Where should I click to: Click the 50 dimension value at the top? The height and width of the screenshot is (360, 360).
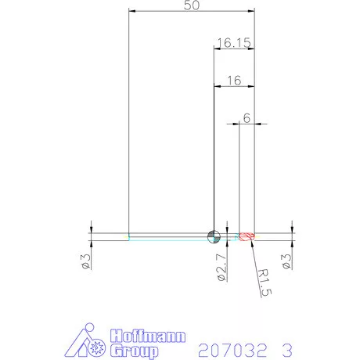pos(192,5)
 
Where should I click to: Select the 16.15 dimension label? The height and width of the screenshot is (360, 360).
pos(234,43)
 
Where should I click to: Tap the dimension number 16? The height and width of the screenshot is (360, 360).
pos(234,81)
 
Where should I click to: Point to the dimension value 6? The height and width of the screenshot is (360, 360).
pos(247,118)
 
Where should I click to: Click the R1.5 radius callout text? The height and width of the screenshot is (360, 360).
pos(265,283)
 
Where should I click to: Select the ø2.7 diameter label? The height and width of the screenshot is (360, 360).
pos(221,268)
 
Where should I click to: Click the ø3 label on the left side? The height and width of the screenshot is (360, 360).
pos(86,261)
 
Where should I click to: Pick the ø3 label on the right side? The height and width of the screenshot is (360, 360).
pos(286,261)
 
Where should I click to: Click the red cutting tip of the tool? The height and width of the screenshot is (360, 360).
pos(247,237)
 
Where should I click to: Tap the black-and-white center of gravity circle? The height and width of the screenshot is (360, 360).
pos(214,237)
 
